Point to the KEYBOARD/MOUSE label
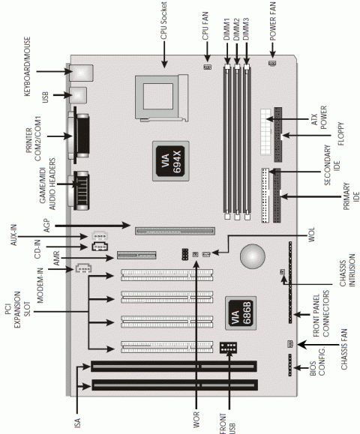(25, 63)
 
